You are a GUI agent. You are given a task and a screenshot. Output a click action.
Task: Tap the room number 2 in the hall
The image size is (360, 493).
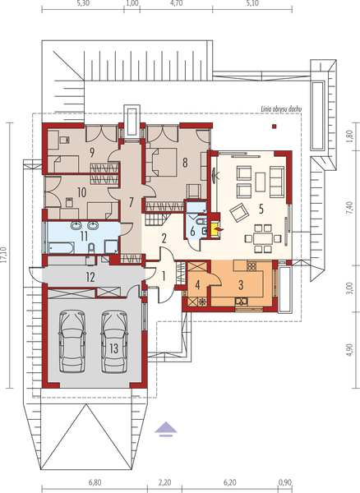tap(164, 238)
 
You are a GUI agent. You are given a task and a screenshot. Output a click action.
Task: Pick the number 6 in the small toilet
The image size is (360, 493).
tap(192, 232)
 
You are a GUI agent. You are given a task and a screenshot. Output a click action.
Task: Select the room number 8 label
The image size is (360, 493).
tap(186, 163)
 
